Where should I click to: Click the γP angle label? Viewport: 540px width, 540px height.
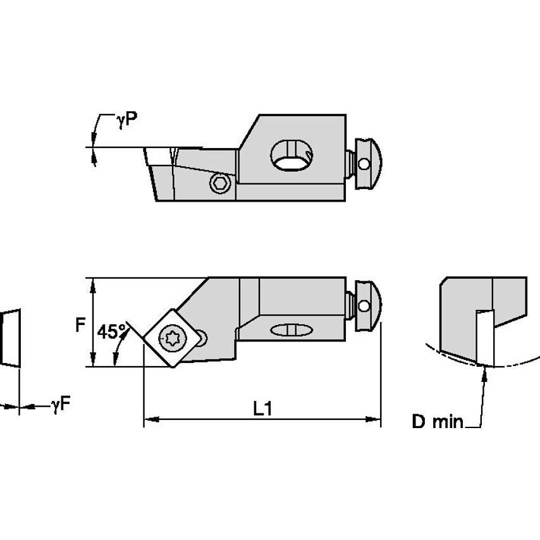126,120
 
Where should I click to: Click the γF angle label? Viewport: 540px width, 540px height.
61,405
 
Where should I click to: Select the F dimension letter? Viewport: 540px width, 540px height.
80,325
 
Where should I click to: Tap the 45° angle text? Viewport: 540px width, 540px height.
111,332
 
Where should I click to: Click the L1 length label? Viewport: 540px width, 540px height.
262,409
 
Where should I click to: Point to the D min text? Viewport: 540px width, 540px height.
438,422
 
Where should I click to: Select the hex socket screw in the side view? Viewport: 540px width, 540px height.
220,183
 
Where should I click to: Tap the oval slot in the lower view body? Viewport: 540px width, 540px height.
290,329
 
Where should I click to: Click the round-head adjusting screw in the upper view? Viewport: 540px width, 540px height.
365,163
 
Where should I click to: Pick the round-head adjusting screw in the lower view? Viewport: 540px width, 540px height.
365,306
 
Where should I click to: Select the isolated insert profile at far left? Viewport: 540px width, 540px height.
9,337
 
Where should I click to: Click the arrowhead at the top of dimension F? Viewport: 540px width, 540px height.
94,283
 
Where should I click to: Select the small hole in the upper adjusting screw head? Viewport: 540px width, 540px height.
364,164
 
